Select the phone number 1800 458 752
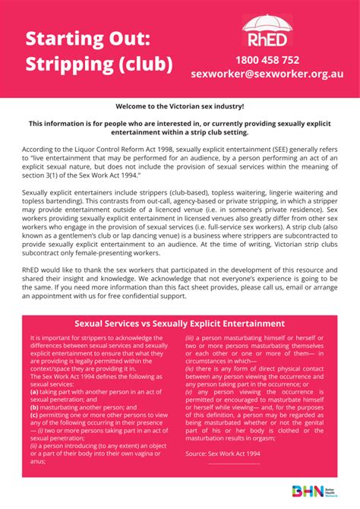click(x=267, y=60)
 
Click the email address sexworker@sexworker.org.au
click(x=267, y=75)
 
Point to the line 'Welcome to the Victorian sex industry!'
click(x=180, y=107)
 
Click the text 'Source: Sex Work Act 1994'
click(x=223, y=452)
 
